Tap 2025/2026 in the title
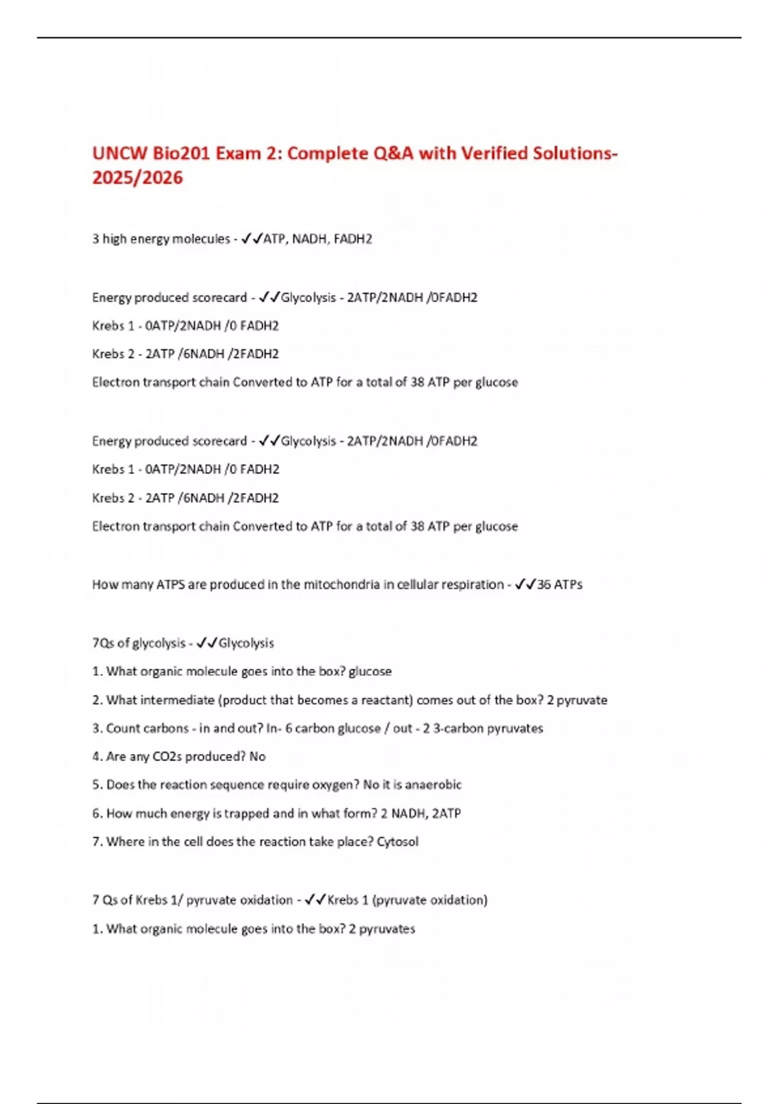[x=138, y=178]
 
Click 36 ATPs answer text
[x=560, y=584]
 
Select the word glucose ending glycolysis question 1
[x=370, y=671]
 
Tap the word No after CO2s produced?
[x=258, y=757]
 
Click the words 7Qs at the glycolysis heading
[x=103, y=643]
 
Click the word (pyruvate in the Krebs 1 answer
[x=399, y=900]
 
